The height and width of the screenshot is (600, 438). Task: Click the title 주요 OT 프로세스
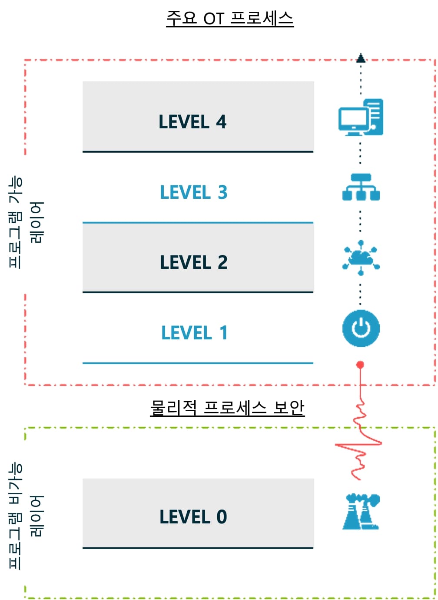[x=230, y=18]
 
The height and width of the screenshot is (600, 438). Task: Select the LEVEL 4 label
[x=192, y=122]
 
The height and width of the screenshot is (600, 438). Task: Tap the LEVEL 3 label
[x=194, y=192]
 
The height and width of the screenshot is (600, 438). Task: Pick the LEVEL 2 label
[x=194, y=262]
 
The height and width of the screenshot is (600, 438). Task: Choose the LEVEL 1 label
[x=194, y=333]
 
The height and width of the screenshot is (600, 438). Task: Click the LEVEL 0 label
[x=193, y=517]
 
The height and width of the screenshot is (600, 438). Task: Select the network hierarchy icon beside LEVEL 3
[x=361, y=187]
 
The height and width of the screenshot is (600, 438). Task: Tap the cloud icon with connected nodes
[x=361, y=258]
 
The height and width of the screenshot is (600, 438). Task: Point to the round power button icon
[x=361, y=328]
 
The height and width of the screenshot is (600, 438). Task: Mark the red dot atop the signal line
[x=360, y=365]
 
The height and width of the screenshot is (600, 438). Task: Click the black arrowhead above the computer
[x=361, y=58]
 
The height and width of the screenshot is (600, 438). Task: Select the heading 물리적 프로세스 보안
[x=227, y=408]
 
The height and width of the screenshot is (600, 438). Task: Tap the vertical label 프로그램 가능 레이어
[x=26, y=222]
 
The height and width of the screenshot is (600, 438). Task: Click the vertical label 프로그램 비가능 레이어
[x=26, y=516]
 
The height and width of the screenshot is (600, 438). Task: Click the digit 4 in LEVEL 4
[x=221, y=122]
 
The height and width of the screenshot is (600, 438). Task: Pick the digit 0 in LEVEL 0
[x=222, y=517]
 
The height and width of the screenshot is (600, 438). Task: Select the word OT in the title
[x=213, y=19]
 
